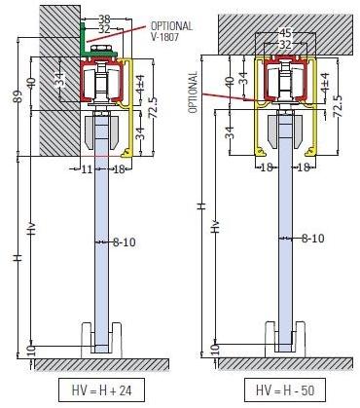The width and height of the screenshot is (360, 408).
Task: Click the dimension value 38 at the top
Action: coord(104,19)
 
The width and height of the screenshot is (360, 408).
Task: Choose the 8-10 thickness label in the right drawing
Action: coord(311,237)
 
